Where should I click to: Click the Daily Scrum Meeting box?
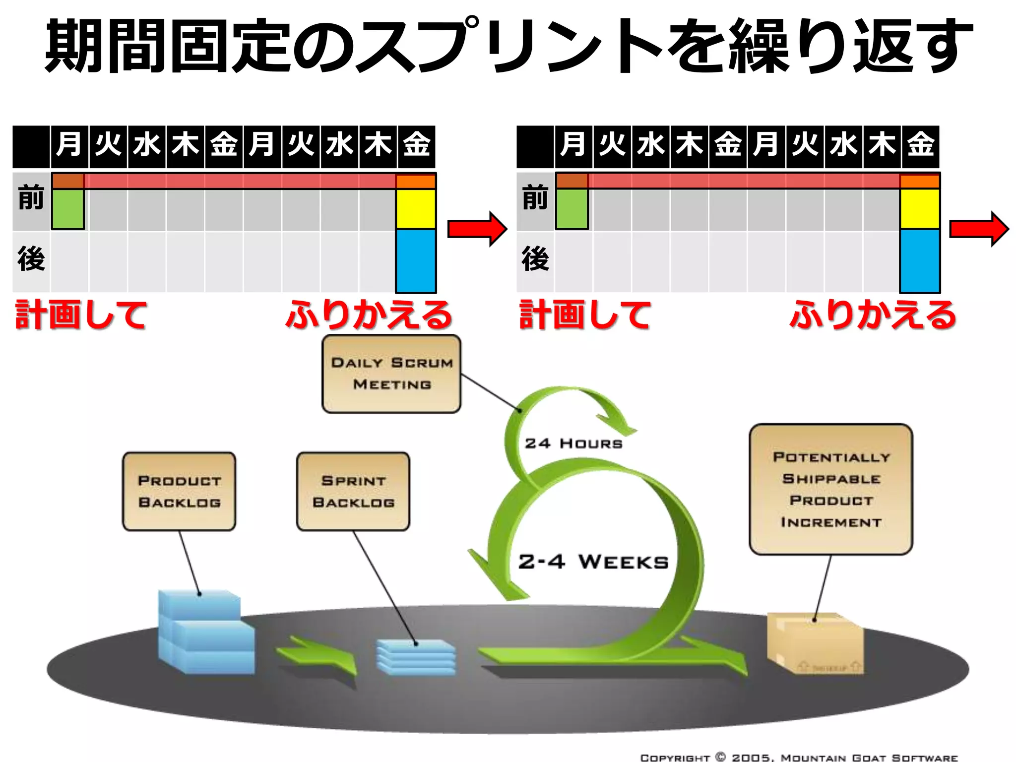(391, 374)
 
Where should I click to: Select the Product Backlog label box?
(179, 491)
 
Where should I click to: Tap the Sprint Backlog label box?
(353, 491)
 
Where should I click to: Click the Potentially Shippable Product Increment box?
(831, 489)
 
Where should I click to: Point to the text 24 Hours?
(573, 444)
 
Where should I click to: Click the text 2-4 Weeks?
(593, 562)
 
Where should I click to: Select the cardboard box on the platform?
(815, 643)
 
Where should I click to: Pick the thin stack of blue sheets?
(416, 657)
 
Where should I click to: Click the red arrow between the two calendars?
(477, 229)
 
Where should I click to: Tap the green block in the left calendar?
(68, 209)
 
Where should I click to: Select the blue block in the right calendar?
(920, 260)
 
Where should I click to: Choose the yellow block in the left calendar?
(416, 208)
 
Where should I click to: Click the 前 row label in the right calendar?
(535, 197)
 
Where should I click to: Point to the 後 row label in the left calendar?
(31, 259)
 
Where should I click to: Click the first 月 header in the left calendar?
(69, 145)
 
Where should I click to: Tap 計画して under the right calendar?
(585, 315)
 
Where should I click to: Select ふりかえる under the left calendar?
(369, 315)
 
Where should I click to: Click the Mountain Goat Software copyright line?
(799, 757)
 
